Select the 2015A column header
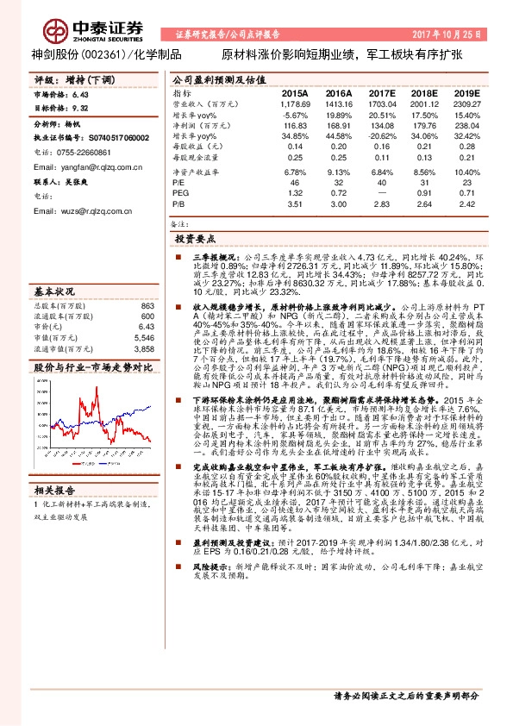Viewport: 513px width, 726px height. pyautogui.click(x=294, y=92)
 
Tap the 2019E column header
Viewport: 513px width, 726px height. pyautogui.click(x=466, y=92)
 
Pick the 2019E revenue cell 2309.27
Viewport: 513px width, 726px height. pyautogui.click(x=465, y=103)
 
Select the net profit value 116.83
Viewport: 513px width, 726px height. pyautogui.click(x=296, y=125)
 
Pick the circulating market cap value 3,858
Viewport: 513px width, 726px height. pyautogui.click(x=143, y=350)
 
